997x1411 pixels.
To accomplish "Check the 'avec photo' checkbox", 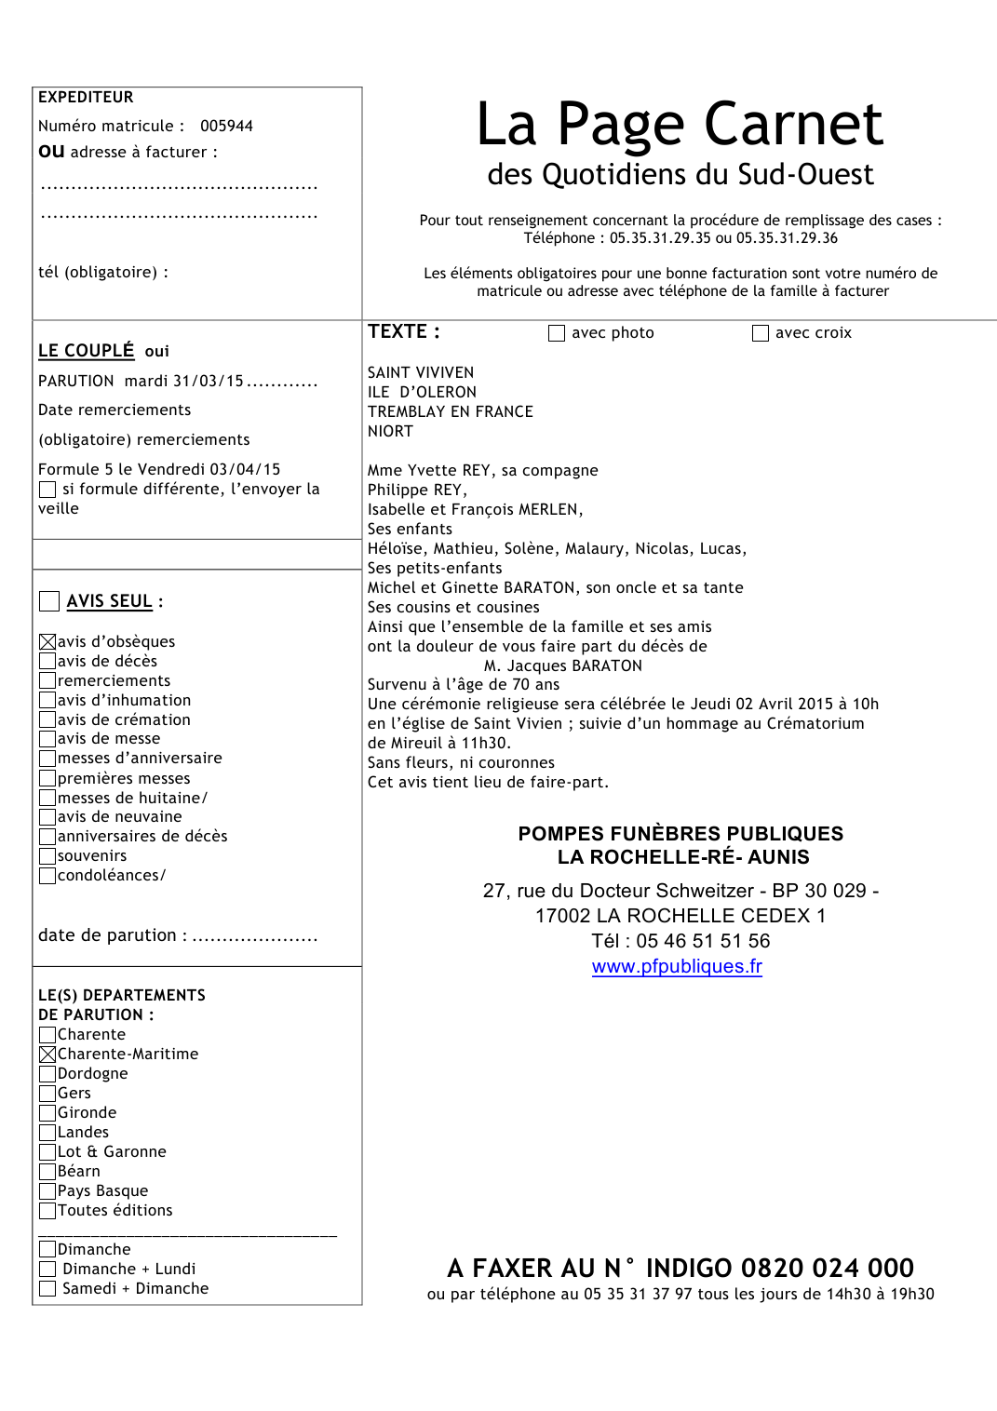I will click(x=557, y=333).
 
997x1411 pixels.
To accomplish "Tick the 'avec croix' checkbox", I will click(x=761, y=333).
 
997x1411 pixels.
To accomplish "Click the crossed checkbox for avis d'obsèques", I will click(x=47, y=641).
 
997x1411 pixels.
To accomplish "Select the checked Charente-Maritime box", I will click(x=47, y=1055).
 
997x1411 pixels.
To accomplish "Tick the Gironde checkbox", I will click(x=47, y=1113).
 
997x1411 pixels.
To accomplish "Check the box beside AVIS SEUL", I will click(x=49, y=601).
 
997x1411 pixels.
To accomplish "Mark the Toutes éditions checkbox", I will click(x=47, y=1211).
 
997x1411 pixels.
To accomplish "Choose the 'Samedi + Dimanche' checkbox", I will click(x=47, y=1289).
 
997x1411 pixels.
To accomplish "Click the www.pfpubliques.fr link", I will click(x=677, y=967).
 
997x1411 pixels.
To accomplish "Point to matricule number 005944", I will click(x=226, y=127).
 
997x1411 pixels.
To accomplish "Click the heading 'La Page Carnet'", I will click(x=680, y=125).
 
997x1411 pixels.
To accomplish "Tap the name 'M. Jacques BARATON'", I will click(x=562, y=666).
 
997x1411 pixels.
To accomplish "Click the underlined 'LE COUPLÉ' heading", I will click(x=87, y=351).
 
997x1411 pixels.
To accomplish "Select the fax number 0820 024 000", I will click(x=827, y=1268).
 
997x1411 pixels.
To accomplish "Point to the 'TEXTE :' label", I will click(x=403, y=332).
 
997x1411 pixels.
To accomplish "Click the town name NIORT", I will click(x=390, y=432).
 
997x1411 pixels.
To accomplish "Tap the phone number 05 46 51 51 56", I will click(x=703, y=941).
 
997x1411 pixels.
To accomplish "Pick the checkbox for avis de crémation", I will click(x=47, y=719).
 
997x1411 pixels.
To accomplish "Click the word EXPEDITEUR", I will click(x=86, y=98).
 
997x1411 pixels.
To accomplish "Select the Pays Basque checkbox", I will click(x=47, y=1191).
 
